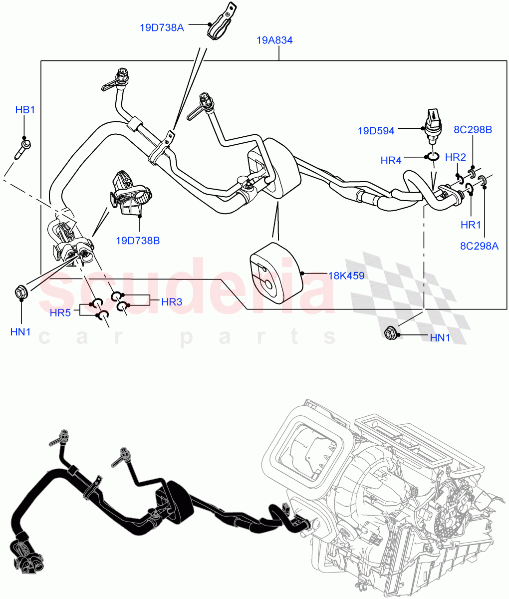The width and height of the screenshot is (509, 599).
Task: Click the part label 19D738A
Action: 162,27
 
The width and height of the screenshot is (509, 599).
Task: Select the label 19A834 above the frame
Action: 274,41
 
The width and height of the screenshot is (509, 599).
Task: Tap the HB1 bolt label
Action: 25,110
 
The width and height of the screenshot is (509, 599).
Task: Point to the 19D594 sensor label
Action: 376,131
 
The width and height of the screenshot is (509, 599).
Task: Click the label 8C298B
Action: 473,130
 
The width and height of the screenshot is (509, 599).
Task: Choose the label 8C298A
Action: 479,245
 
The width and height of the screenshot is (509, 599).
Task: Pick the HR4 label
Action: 391,160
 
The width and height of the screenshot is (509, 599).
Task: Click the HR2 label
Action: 455,157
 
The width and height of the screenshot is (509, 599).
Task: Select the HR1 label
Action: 471,225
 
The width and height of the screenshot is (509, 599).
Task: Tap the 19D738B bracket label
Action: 138,241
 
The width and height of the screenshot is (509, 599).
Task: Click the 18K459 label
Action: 346,276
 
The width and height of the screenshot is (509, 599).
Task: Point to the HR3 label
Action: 172,301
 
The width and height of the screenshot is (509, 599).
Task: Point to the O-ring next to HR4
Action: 432,158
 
